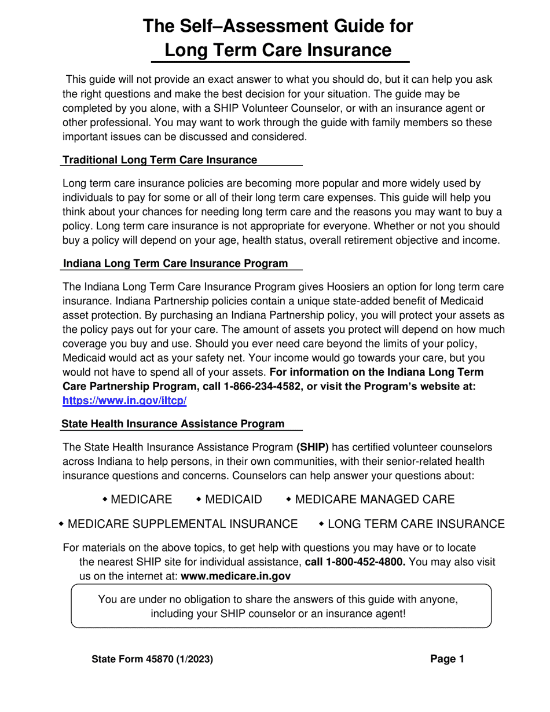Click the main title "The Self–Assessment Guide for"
point(278,26)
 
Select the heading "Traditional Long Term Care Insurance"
point(160,160)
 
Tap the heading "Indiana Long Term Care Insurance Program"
point(175,263)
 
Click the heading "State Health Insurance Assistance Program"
point(173,424)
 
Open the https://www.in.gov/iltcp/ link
point(124,401)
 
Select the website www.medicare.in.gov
point(236,576)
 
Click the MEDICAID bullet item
point(233,499)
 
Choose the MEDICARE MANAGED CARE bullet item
point(375,499)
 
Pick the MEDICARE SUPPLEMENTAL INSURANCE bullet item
point(182,524)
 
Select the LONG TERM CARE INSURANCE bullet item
point(416,524)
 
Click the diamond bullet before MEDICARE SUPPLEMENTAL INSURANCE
point(61,524)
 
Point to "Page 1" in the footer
point(447,659)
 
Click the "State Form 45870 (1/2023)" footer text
point(152,659)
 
